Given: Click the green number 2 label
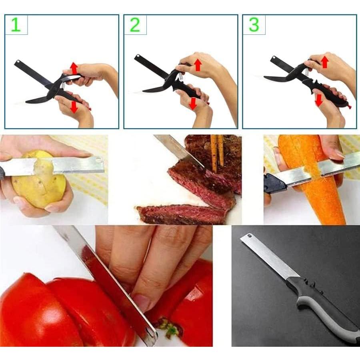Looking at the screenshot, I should (x=135, y=24).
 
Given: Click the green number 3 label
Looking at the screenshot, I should (x=254, y=24).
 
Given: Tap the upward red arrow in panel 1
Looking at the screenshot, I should (x=74, y=67).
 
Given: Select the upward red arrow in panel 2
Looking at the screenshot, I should (x=197, y=64).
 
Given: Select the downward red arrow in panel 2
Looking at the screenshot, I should (x=193, y=104).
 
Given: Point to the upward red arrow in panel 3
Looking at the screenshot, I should (x=325, y=61).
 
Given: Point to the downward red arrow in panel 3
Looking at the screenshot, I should (x=318, y=100).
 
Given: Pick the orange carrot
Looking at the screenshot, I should (x=320, y=184).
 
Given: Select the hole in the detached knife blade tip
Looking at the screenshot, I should (x=248, y=236).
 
